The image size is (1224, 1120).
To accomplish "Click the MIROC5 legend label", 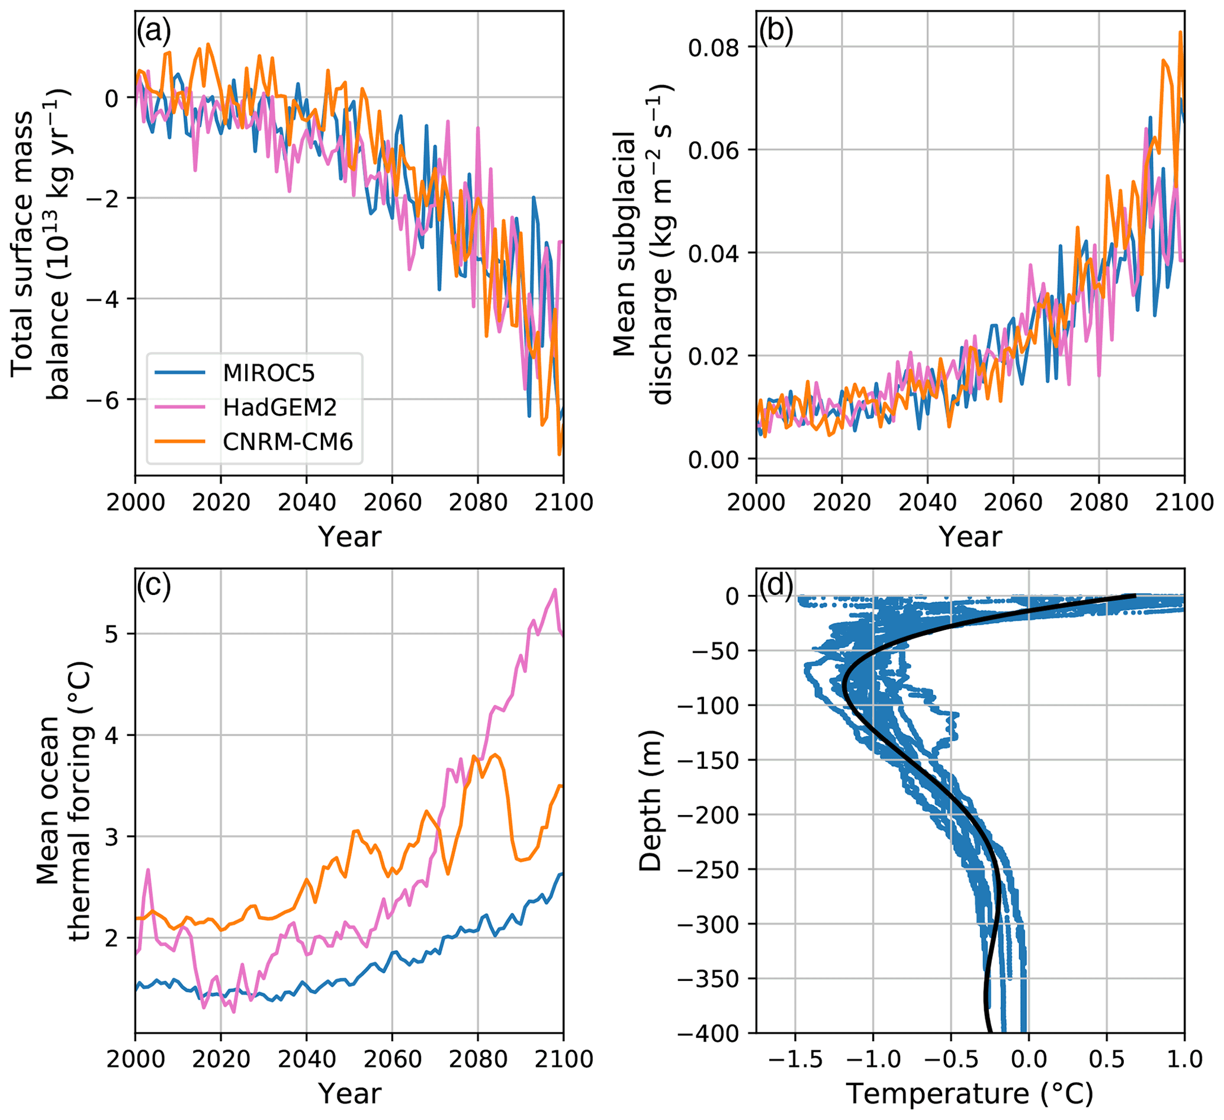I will pyautogui.click(x=268, y=372).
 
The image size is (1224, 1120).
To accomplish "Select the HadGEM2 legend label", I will pyautogui.click(x=280, y=407).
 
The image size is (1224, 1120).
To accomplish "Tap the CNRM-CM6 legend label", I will pyautogui.click(x=287, y=442).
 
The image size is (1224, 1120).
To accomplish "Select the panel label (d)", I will pyautogui.click(x=776, y=586).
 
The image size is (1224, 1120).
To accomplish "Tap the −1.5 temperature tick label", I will pyautogui.click(x=795, y=1059).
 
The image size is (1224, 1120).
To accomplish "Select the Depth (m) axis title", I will pyautogui.click(x=650, y=801).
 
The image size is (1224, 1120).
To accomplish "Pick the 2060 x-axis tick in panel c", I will pyautogui.click(x=391, y=1059).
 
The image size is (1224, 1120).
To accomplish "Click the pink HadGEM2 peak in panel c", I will pyautogui.click(x=554, y=590).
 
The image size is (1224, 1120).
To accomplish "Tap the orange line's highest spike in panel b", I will pyautogui.click(x=1180, y=32).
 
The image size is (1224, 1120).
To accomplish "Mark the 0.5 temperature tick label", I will pyautogui.click(x=1106, y=1059).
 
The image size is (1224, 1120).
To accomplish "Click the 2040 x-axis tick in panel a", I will pyautogui.click(x=306, y=503).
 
